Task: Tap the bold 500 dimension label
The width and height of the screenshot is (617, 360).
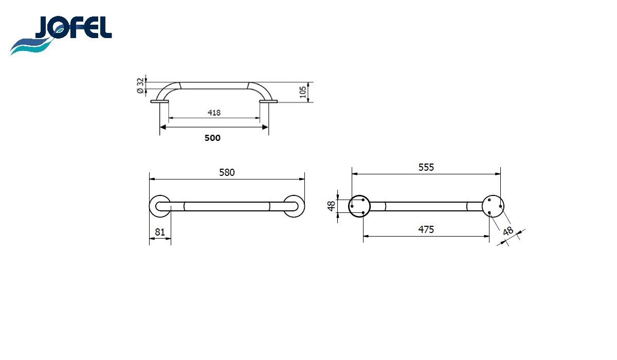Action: [212, 138]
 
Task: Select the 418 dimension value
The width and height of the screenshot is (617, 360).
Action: [214, 113]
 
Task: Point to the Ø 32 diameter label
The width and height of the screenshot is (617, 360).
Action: [140, 86]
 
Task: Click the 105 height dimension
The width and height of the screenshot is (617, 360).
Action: [303, 92]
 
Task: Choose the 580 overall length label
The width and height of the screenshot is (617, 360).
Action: [227, 172]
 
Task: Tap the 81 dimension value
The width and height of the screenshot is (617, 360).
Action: [160, 232]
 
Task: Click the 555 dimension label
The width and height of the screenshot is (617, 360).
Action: [426, 167]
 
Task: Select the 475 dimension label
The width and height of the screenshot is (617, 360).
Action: [426, 229]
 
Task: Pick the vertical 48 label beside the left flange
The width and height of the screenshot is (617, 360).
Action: [331, 206]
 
